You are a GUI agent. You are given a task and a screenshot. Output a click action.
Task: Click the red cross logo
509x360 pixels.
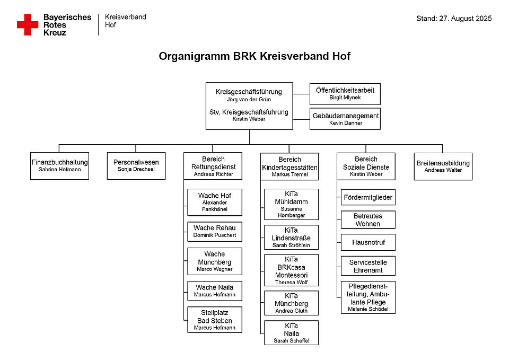[x=28, y=25]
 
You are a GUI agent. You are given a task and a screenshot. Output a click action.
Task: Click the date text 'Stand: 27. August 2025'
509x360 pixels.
[x=454, y=19]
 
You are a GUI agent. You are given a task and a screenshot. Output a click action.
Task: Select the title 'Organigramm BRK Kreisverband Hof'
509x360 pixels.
[x=254, y=56]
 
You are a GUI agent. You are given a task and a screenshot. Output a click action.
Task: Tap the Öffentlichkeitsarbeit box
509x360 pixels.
[x=345, y=94]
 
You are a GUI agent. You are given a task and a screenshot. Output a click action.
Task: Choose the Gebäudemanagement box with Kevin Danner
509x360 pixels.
[x=345, y=119]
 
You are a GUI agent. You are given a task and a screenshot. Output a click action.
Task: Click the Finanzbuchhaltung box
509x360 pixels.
[x=59, y=166]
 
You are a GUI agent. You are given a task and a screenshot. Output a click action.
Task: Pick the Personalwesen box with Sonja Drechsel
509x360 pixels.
[x=136, y=165]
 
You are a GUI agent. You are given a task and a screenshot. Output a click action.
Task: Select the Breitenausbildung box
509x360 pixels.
[x=443, y=166]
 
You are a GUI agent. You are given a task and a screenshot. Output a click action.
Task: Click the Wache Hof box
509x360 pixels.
[x=215, y=202]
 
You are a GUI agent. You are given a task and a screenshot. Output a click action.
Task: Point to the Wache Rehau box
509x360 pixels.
[x=215, y=231]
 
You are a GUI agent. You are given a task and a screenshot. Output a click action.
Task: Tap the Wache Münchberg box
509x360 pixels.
[x=215, y=261]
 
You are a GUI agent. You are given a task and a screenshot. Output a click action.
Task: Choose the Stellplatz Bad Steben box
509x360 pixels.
[x=215, y=320]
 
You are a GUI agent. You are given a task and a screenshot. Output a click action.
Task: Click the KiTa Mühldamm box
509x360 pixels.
[x=291, y=204]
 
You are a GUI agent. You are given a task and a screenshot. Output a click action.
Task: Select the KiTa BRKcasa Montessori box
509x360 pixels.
[x=291, y=270]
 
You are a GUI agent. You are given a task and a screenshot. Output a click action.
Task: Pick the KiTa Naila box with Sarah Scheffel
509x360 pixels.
[x=291, y=333]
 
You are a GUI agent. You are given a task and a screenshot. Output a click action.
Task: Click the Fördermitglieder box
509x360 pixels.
[x=368, y=197]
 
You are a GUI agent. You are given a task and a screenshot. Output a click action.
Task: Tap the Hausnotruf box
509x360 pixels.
[x=368, y=242]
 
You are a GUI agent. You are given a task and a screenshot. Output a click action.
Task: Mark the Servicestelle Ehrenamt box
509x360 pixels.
[x=368, y=266]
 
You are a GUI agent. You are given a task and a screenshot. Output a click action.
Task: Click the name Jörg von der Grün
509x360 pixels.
[x=249, y=100]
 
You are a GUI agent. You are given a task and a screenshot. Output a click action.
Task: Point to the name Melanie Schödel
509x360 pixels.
[x=368, y=309]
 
